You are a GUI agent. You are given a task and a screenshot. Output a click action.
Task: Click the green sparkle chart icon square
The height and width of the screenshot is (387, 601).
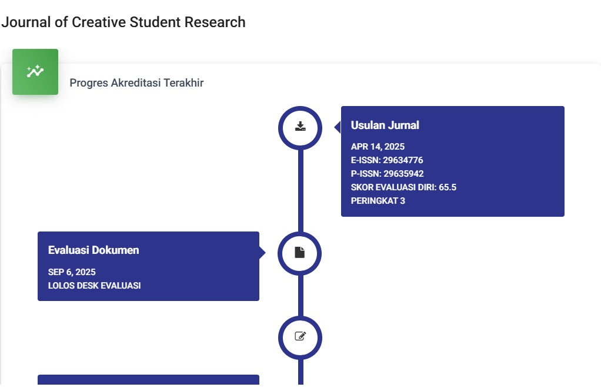click(x=35, y=72)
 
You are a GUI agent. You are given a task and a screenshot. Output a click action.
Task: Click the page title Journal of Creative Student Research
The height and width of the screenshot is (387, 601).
click(x=123, y=22)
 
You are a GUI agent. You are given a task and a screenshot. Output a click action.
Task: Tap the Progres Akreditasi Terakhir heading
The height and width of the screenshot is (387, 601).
click(x=136, y=83)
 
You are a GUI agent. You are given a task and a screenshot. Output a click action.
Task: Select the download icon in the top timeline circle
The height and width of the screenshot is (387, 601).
click(x=300, y=126)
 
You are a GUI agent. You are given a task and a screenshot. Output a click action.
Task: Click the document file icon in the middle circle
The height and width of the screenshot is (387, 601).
click(x=300, y=252)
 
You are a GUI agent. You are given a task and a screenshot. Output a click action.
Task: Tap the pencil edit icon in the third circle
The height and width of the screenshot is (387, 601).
click(x=300, y=336)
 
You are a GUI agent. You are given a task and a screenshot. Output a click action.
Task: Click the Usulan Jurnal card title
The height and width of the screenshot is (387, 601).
click(x=385, y=125)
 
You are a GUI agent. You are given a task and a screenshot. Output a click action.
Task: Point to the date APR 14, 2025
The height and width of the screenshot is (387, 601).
click(x=378, y=147)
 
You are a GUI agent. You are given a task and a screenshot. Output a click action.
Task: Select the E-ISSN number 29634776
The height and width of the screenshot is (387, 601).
click(x=403, y=160)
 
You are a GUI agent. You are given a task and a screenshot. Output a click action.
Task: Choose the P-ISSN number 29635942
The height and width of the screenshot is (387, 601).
click(x=403, y=174)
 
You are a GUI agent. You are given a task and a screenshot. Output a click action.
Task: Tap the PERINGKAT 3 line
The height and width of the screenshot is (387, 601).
click(x=378, y=201)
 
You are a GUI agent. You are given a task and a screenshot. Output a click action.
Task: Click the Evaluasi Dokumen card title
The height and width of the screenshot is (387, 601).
click(x=94, y=250)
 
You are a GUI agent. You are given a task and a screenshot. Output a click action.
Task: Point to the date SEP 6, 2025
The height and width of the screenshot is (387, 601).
click(x=72, y=272)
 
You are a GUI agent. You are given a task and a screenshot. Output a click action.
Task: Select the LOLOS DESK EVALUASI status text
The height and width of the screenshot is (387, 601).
click(x=94, y=286)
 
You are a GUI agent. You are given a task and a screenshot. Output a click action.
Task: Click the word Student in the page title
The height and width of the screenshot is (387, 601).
click(x=155, y=22)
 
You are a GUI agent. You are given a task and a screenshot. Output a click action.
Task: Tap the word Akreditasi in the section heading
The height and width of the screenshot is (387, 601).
click(x=136, y=83)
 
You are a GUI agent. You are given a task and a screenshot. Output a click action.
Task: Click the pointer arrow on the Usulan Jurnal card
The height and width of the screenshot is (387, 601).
click(x=338, y=127)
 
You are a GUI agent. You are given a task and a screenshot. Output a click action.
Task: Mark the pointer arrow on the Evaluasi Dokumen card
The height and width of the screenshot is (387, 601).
click(x=262, y=253)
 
